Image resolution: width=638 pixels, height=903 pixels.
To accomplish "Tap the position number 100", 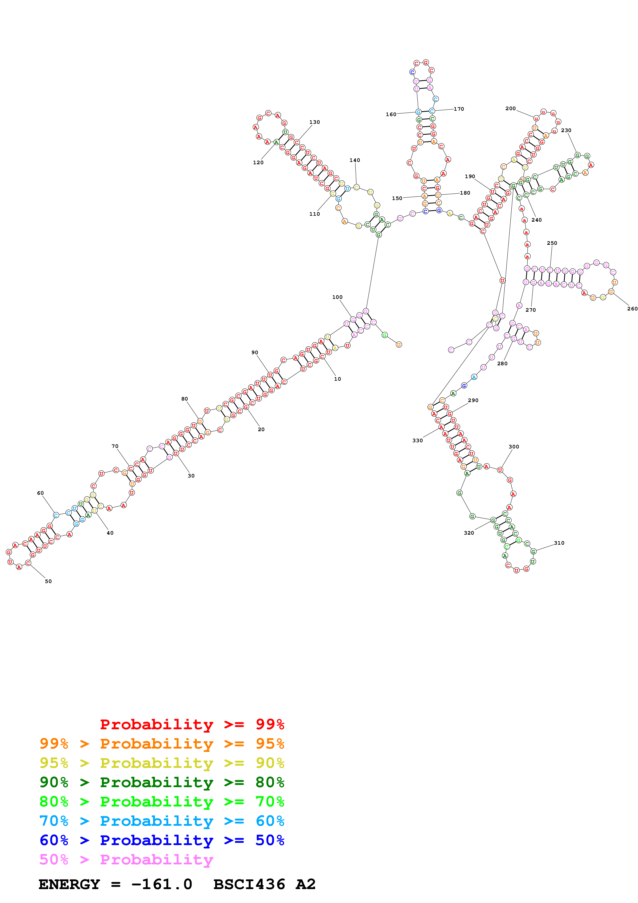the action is pos(337,297).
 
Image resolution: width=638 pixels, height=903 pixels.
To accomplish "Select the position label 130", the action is pos(314,122).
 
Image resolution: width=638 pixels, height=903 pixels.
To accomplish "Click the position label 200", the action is pos(510,109).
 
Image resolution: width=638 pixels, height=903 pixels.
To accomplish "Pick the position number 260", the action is pos(632,309).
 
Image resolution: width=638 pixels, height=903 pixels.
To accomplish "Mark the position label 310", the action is pos(559,543).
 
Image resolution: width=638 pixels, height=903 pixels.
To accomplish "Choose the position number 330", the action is pos(417,440).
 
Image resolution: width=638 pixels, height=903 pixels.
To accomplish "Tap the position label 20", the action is pos(261,429).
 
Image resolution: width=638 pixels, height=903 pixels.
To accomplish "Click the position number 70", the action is pos(115,446).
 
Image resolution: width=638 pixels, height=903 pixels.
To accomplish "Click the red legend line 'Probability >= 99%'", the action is pos(192,724).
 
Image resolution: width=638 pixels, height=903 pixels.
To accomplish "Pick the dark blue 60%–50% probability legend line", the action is pos(162,840).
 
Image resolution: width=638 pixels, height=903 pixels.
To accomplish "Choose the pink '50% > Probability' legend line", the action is pos(126,860).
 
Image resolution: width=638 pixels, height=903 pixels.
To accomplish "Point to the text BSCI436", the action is pos(249,884).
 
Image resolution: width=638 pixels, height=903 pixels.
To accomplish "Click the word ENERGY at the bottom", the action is pos(69,884).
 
